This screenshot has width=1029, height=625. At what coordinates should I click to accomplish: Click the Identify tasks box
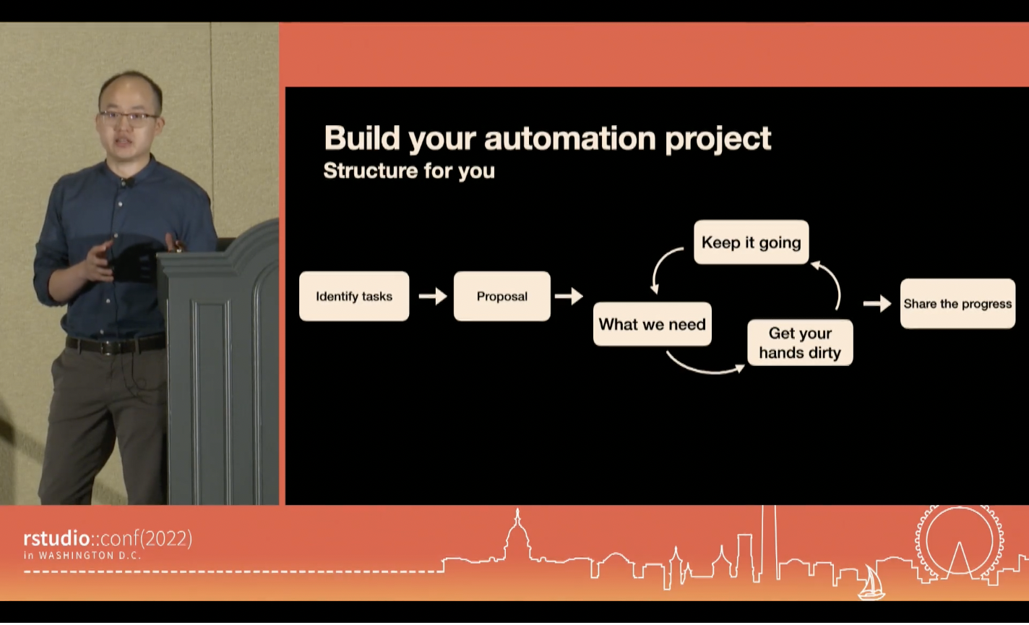(x=354, y=297)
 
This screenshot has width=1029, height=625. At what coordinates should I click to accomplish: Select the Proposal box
(x=502, y=297)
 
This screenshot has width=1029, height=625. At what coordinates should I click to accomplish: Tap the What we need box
(x=652, y=324)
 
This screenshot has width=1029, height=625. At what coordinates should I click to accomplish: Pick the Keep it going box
(x=751, y=242)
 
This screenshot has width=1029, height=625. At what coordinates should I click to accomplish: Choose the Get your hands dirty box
(x=800, y=343)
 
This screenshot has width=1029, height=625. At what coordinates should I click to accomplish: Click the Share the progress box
(x=957, y=304)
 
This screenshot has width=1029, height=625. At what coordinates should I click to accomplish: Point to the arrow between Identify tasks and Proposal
(x=432, y=296)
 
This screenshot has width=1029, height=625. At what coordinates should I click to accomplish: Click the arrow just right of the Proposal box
(x=569, y=296)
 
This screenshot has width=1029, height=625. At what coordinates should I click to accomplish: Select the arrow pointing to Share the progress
(x=877, y=304)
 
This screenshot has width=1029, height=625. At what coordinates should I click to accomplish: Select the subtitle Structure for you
(x=409, y=171)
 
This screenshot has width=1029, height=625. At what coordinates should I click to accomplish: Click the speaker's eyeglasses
(x=129, y=116)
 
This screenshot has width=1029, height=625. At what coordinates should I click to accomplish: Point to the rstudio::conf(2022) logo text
(x=108, y=539)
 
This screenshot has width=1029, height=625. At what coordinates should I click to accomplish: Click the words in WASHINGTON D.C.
(x=82, y=556)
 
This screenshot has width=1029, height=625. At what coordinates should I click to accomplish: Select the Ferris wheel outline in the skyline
(x=959, y=542)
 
